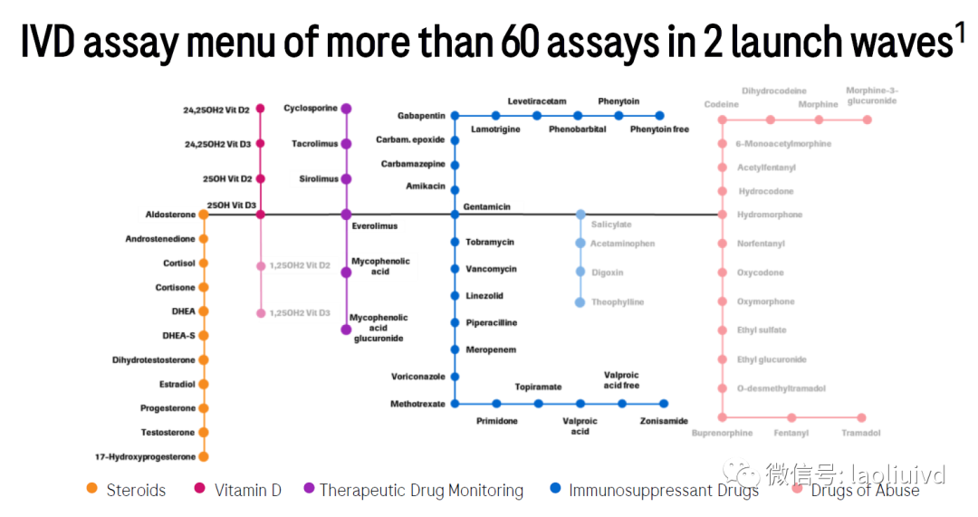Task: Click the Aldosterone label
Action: pyautogui.click(x=170, y=215)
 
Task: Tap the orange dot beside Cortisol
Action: pyautogui.click(x=204, y=263)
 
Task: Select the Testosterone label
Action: pyautogui.click(x=168, y=433)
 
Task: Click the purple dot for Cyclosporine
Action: pyautogui.click(x=346, y=109)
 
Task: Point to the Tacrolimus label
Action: pyautogui.click(x=314, y=144)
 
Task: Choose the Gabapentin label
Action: pyautogui.click(x=421, y=116)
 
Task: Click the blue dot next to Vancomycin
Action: pyautogui.click(x=455, y=269)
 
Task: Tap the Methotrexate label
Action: pyautogui.click(x=418, y=404)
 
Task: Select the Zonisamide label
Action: pyautogui.click(x=664, y=421)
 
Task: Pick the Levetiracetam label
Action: pyautogui.click(x=537, y=101)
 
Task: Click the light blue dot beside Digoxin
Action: pyautogui.click(x=580, y=273)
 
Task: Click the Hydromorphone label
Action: pyautogui.click(x=769, y=215)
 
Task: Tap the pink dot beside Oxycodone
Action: pyautogui.click(x=722, y=273)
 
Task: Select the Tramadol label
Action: pyautogui.click(x=860, y=433)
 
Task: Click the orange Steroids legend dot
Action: pyautogui.click(x=91, y=490)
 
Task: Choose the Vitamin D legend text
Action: pyautogui.click(x=247, y=491)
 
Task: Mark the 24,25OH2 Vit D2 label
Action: pyautogui.click(x=217, y=110)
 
